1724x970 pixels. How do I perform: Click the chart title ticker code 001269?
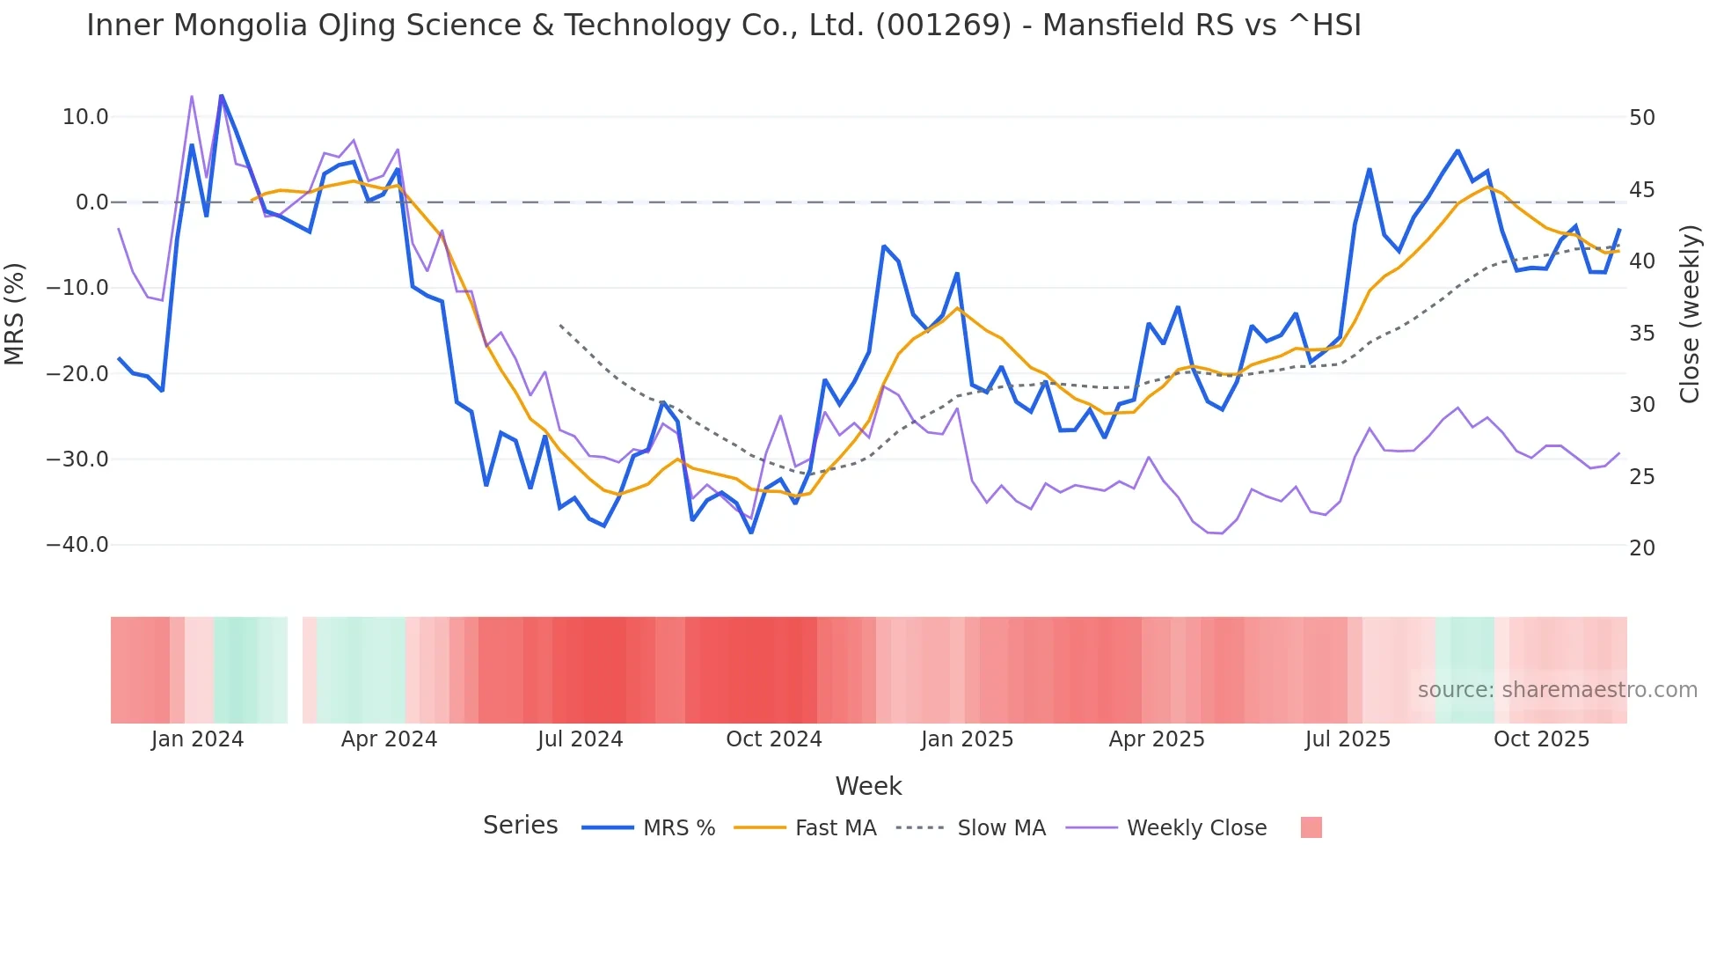[944, 26]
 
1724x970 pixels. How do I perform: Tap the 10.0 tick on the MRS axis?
[85, 117]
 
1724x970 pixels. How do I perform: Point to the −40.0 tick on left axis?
[77, 545]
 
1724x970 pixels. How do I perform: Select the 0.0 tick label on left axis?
[91, 202]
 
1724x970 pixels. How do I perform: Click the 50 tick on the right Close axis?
[1642, 118]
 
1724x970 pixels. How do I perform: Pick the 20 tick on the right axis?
[1642, 548]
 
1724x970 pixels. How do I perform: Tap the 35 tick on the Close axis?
[1642, 334]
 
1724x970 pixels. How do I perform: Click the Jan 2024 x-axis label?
[197, 739]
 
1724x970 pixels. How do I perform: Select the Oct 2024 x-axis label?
[773, 739]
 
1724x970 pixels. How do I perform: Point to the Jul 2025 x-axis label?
[1348, 739]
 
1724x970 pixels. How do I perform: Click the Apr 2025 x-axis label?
[1157, 739]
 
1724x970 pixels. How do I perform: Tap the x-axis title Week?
[868, 786]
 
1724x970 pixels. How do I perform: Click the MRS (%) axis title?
[15, 313]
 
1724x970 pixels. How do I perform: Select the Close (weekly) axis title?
[1689, 314]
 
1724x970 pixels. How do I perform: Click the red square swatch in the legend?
[1311, 827]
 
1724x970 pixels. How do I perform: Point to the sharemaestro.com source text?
[1557, 690]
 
